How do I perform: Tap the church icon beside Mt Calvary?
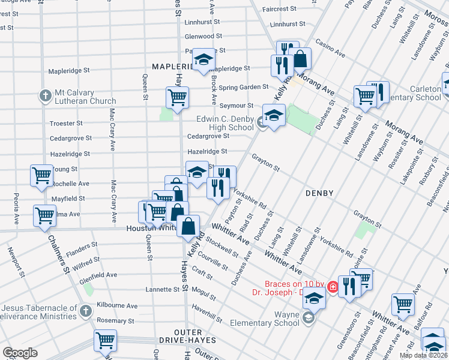point(45,95)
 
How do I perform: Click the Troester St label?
point(67,123)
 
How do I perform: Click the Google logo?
point(20,353)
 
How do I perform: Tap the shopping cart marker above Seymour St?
point(176,96)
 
